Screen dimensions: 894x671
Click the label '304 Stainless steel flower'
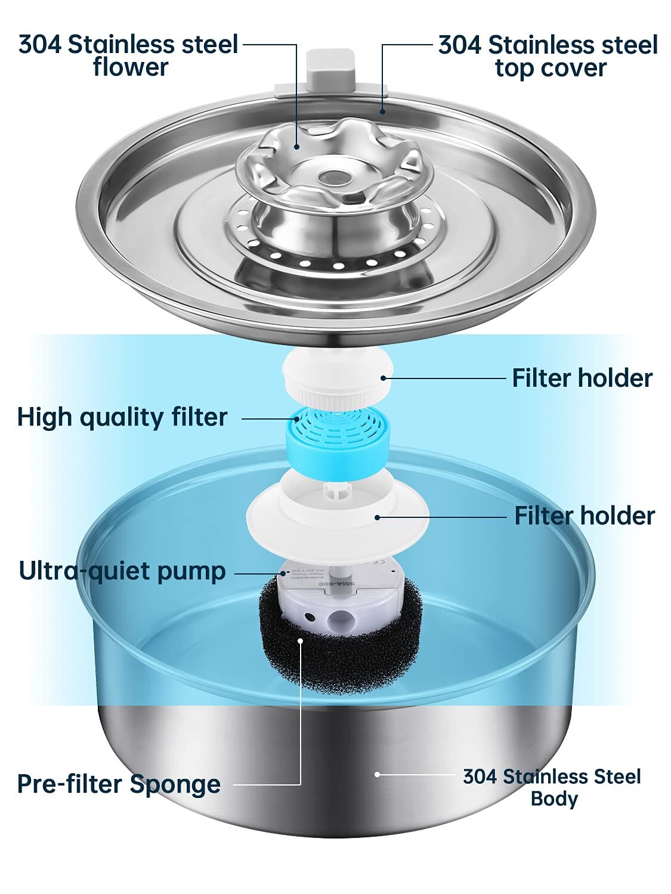(128, 55)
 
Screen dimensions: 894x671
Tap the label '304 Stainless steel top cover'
(548, 56)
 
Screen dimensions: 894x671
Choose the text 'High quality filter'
(122, 417)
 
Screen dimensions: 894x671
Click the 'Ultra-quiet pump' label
(122, 570)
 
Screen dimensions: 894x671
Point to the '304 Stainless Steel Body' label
(552, 787)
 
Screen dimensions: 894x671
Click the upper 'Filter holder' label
(582, 378)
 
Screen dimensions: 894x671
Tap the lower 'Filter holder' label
(585, 516)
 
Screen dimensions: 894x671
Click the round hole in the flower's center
(332, 177)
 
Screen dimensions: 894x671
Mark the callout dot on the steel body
(377, 774)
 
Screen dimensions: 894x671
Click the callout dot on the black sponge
(301, 641)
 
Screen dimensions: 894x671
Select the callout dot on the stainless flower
(296, 145)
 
